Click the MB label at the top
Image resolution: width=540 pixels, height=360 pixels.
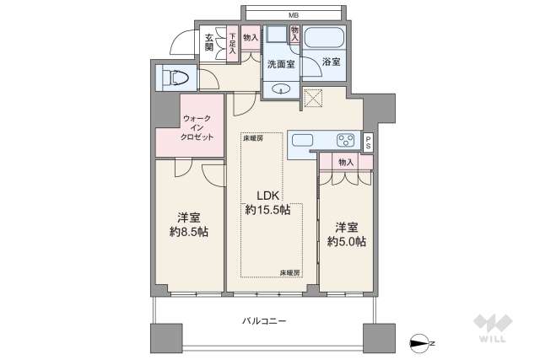pyautogui.click(x=294, y=15)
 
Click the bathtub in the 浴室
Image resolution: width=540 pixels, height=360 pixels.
pyautogui.click(x=323, y=39)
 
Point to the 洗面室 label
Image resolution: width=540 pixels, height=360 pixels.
pyautogui.click(x=279, y=65)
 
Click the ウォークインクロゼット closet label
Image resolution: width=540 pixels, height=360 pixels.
pyautogui.click(x=197, y=128)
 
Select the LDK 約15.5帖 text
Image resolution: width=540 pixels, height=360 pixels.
pyautogui.click(x=264, y=201)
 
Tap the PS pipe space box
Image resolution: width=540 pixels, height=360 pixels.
pyautogui.click(x=369, y=142)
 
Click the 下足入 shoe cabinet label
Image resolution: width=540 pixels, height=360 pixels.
pyautogui.click(x=232, y=43)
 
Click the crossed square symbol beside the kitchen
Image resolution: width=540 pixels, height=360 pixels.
pyautogui.click(x=313, y=99)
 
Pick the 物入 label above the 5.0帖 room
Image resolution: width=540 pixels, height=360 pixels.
pyautogui.click(x=345, y=162)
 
